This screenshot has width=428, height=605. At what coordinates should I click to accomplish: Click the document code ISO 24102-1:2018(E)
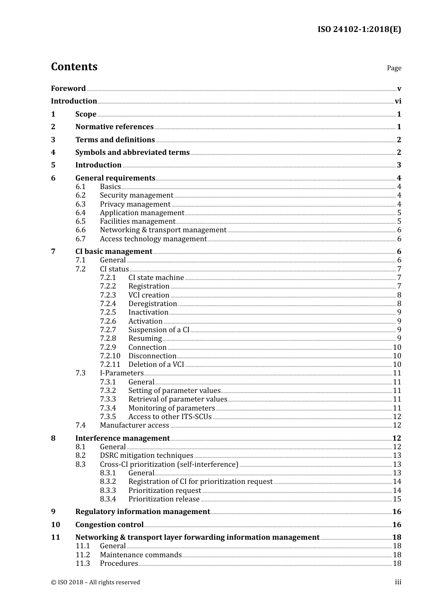[359, 29]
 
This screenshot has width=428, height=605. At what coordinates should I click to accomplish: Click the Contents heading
[74, 67]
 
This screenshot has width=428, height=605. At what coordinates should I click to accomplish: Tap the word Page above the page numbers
[394, 68]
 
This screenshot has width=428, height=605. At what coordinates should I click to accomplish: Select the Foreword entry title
[68, 89]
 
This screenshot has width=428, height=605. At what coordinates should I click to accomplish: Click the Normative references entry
[114, 127]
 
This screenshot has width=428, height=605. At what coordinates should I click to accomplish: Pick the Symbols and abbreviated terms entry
[132, 153]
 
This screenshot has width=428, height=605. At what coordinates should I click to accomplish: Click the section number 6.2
[81, 195]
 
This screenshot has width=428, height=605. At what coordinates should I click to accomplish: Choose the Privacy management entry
[135, 204]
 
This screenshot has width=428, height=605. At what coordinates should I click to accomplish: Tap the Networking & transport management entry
[163, 230]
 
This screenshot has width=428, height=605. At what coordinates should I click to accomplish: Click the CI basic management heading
[114, 252]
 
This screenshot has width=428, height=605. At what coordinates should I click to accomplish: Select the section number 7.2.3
[108, 295]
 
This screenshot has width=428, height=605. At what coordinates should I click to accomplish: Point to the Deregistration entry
[153, 304]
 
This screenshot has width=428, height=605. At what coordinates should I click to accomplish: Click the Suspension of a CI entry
[159, 330]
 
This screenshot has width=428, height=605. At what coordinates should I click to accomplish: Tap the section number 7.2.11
[110, 365]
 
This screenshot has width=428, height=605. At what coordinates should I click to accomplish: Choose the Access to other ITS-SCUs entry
[170, 417]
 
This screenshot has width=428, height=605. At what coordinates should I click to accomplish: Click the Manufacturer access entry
[134, 425]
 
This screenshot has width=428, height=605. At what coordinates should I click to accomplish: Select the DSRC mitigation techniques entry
[146, 456]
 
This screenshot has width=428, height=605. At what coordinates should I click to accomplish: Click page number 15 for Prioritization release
[397, 499]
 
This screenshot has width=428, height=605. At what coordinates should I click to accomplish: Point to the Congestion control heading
[109, 525]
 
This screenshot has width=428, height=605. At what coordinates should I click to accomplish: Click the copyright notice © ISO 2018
[96, 582]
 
